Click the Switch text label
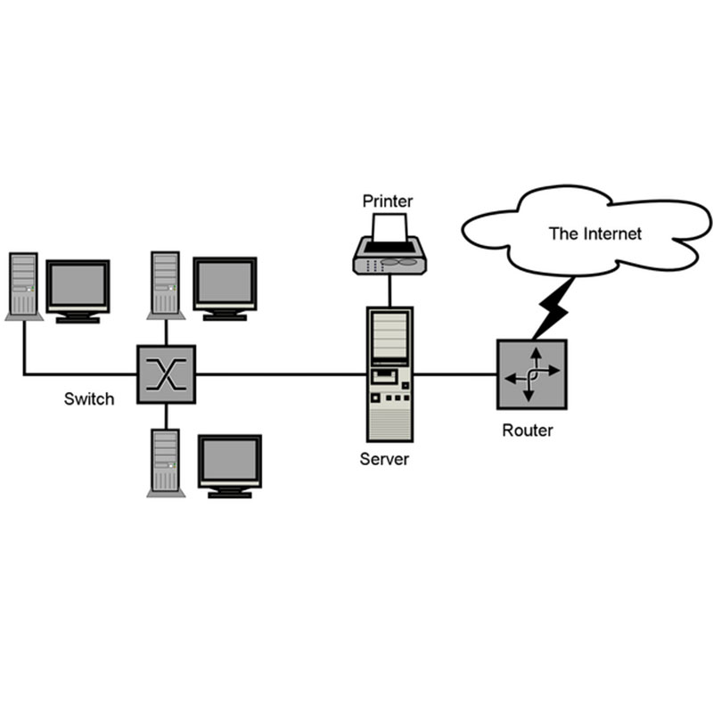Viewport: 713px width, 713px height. click(x=89, y=398)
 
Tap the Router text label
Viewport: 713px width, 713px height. click(x=528, y=430)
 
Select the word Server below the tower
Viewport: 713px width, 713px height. click(x=384, y=460)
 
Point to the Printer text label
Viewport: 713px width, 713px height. click(x=388, y=200)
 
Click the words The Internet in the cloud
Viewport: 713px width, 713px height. click(x=594, y=234)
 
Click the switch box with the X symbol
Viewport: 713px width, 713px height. click(x=166, y=373)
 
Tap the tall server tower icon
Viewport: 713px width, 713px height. click(x=389, y=374)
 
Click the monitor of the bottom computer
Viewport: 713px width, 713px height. click(x=229, y=462)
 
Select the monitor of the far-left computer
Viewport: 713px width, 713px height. click(x=78, y=287)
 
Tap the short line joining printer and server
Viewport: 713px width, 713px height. click(x=389, y=291)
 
